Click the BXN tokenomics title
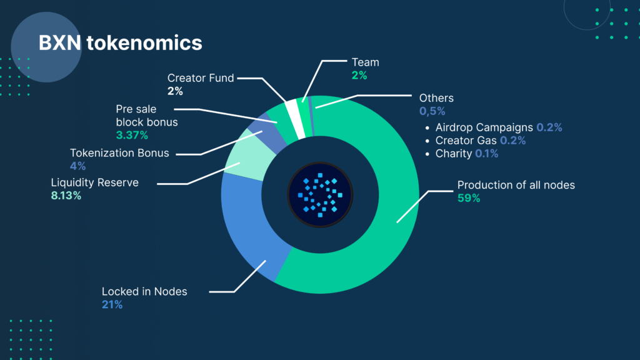[x=121, y=43]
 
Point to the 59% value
[x=469, y=198]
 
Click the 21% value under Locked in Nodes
[x=112, y=305]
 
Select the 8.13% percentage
[x=66, y=196]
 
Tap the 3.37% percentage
[x=132, y=135]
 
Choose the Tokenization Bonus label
[x=119, y=153]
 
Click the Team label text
[x=365, y=62]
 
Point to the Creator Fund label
[x=201, y=78]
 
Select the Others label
[x=436, y=98]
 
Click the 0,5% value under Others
[x=432, y=111]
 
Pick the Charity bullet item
[x=466, y=154]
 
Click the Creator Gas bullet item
[x=481, y=141]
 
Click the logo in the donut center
[x=320, y=195]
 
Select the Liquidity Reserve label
[x=95, y=182]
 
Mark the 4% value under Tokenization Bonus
[x=77, y=166]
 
